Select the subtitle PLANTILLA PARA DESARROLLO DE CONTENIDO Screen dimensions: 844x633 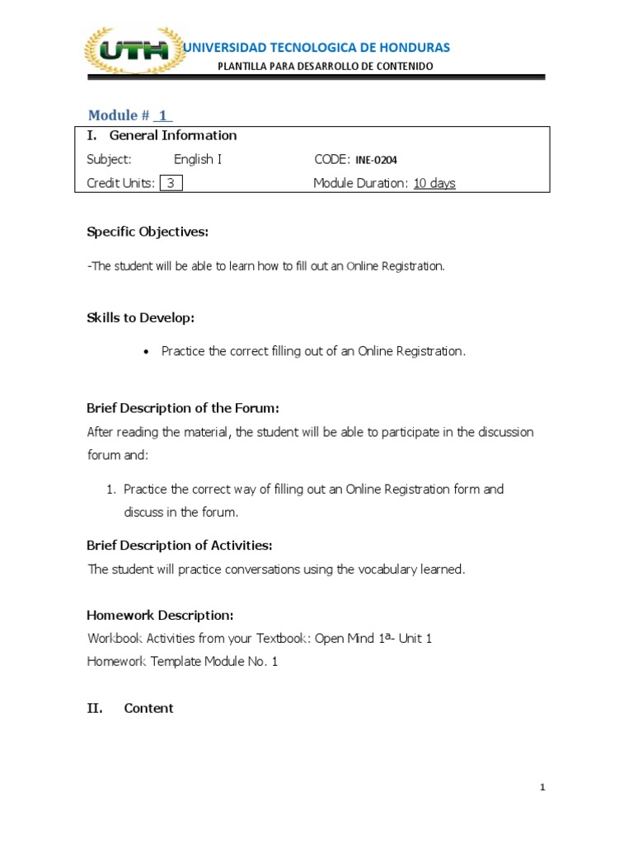click(x=325, y=66)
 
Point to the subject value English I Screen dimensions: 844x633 click(x=198, y=159)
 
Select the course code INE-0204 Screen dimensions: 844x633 click(x=382, y=160)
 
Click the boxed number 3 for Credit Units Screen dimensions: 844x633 click(x=171, y=183)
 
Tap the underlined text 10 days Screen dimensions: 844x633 click(x=434, y=183)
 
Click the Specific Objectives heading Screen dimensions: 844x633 click(x=148, y=232)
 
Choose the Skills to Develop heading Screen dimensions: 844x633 click(x=140, y=317)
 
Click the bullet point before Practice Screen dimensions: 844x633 click(x=146, y=352)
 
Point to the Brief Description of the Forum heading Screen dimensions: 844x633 click(x=183, y=408)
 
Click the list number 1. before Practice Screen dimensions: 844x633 click(x=111, y=489)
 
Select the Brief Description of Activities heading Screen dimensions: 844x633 click(x=180, y=545)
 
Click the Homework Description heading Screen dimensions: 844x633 click(x=160, y=615)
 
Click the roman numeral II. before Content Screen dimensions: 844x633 click(x=95, y=708)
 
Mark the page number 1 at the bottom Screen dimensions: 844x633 click(x=542, y=788)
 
